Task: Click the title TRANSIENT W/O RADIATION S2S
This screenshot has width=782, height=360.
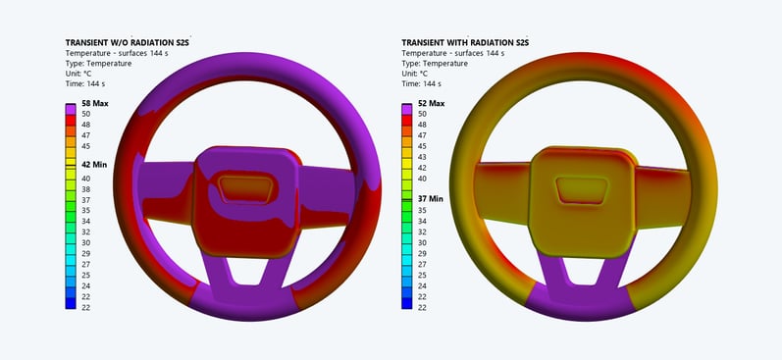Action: click(x=128, y=43)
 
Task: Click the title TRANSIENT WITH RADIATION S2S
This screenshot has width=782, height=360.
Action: click(x=465, y=43)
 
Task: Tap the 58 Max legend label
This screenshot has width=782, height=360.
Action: click(x=95, y=104)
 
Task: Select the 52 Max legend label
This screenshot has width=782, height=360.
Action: click(x=431, y=104)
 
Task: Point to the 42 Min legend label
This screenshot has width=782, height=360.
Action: click(x=94, y=165)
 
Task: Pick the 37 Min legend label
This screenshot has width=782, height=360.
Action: click(x=430, y=199)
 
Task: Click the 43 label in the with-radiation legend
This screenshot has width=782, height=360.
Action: click(x=422, y=157)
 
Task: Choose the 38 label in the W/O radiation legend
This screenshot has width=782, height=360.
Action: click(x=85, y=189)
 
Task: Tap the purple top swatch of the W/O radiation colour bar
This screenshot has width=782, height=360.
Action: click(x=71, y=109)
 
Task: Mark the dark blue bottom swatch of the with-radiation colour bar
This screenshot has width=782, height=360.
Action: click(x=407, y=303)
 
